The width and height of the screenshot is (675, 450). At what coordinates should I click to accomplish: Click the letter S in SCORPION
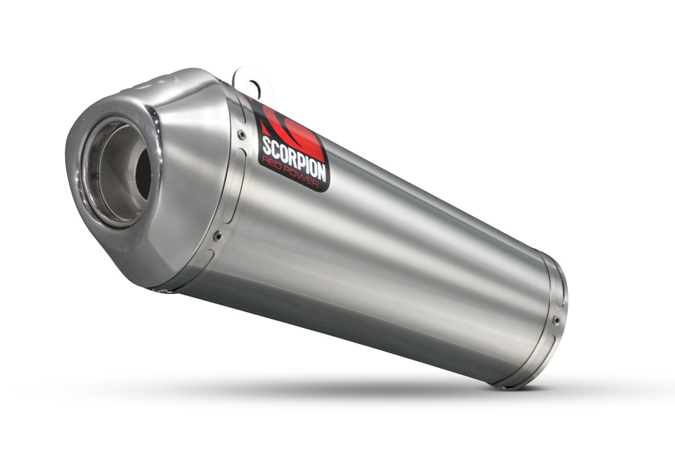(x=266, y=145)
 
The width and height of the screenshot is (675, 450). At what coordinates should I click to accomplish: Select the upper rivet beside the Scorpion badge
(x=241, y=135)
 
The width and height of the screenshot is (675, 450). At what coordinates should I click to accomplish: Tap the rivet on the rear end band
(x=556, y=321)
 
